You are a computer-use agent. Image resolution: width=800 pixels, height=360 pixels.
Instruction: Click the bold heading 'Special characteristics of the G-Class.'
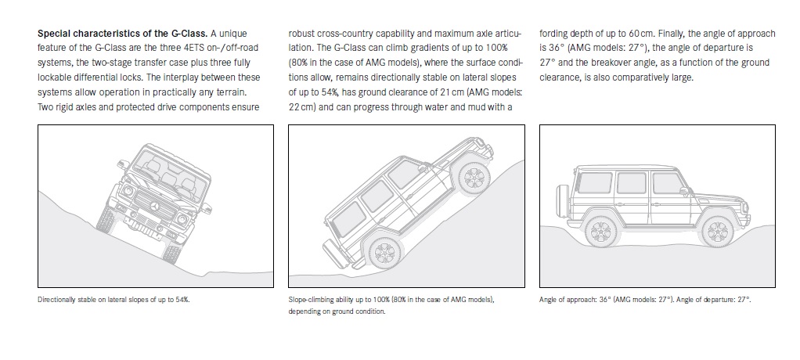tap(121, 34)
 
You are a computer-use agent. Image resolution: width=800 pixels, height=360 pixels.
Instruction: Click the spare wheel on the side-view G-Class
tap(560, 197)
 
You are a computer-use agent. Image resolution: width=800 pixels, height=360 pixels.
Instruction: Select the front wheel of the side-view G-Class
tap(716, 231)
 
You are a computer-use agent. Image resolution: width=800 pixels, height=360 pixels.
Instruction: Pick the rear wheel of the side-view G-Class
tap(599, 232)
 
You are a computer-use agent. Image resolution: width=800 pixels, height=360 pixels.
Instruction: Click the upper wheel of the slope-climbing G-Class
tap(472, 178)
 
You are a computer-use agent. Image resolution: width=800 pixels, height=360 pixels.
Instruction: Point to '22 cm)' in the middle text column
tap(305, 106)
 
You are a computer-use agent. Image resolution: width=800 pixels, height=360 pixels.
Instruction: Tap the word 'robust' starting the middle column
tap(304, 34)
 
